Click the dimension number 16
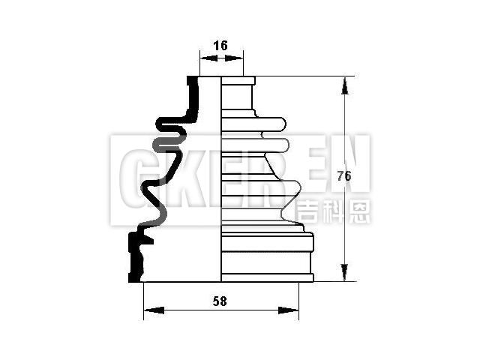pos(220,46)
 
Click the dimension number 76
pos(343,177)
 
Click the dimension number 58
pos(220,301)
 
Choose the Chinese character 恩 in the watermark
pos(359,211)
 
